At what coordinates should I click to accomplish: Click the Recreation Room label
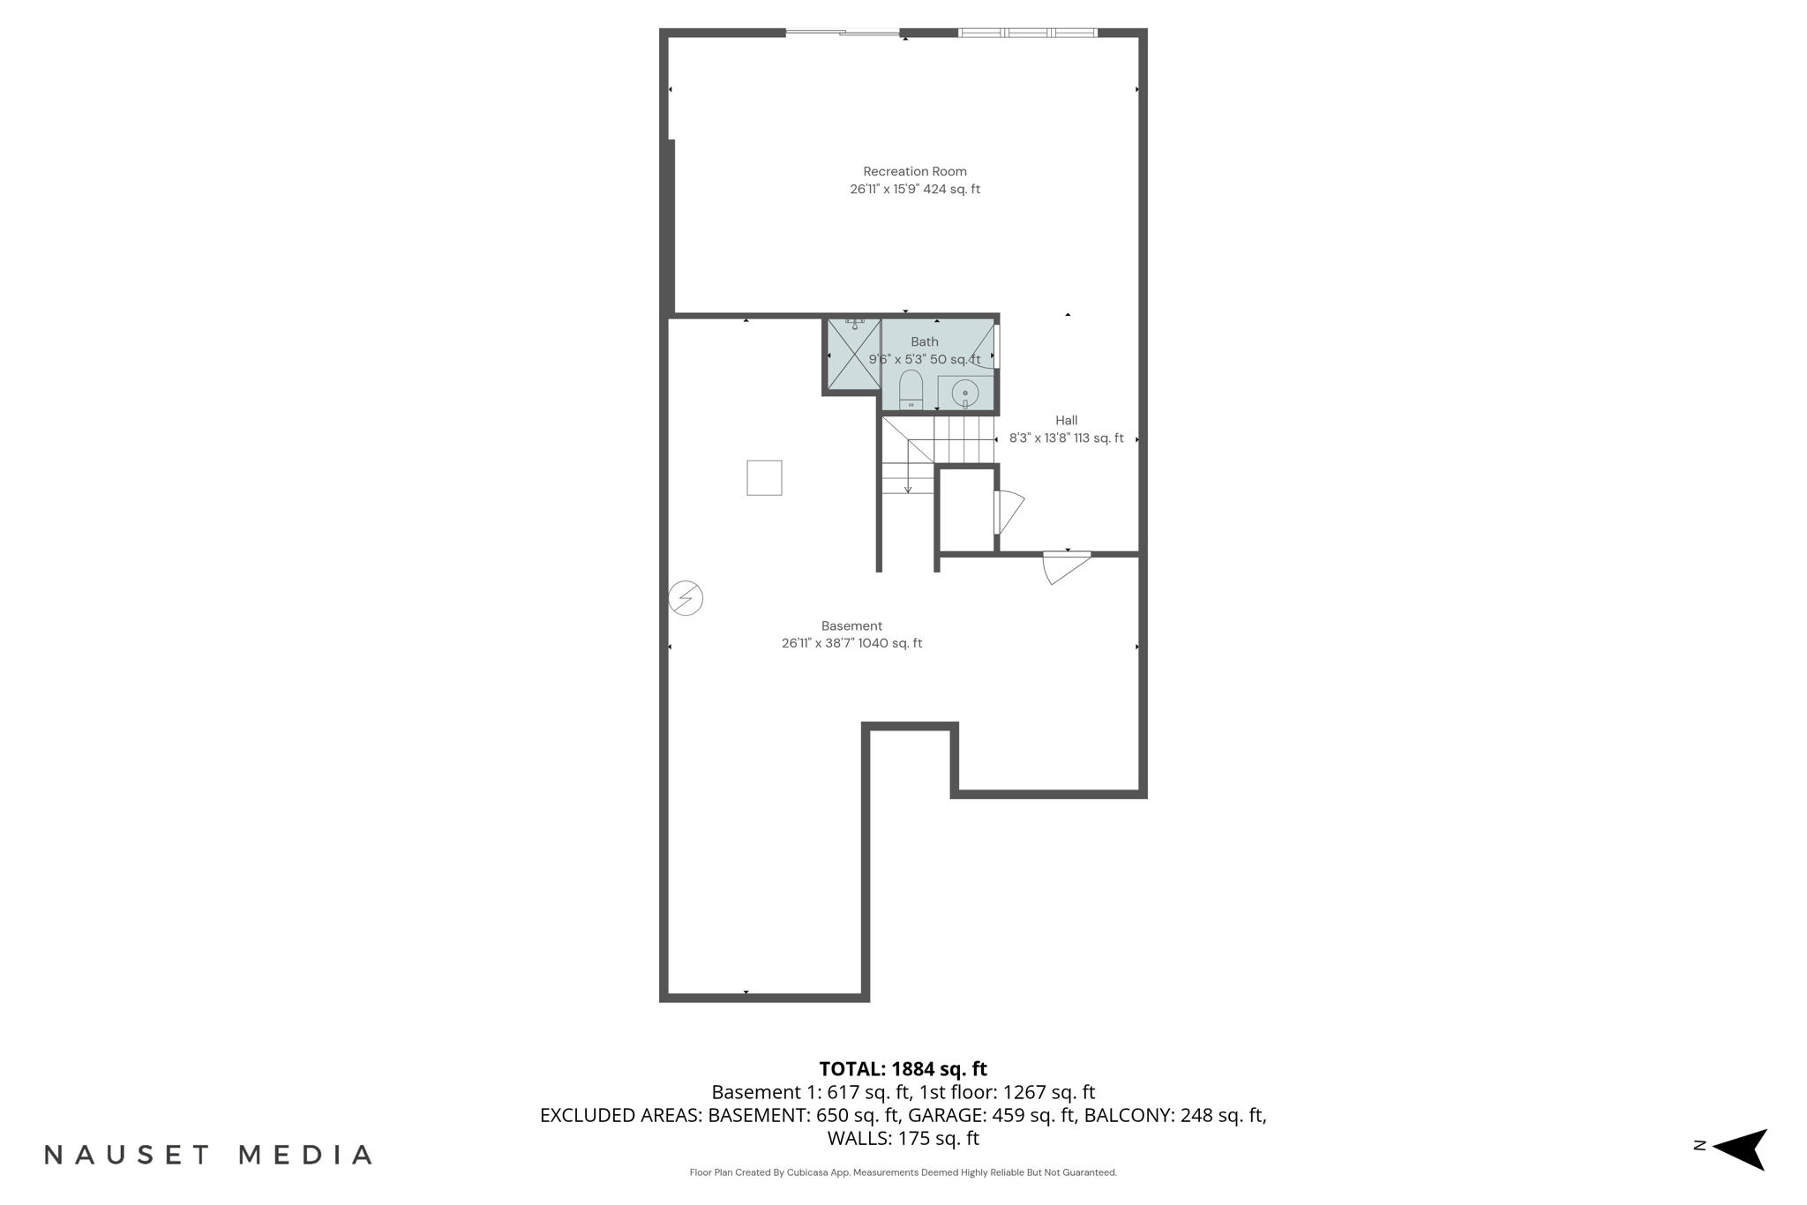[x=914, y=172]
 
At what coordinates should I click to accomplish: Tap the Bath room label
[x=924, y=342]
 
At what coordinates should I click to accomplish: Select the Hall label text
[x=1066, y=421]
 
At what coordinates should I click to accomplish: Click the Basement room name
[x=851, y=626]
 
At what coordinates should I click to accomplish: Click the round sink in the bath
[x=964, y=393]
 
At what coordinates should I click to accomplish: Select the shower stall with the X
[x=853, y=355]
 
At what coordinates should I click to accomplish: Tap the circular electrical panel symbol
[x=686, y=598]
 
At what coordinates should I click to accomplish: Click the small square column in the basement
[x=764, y=477]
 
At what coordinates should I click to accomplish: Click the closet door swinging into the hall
[x=1008, y=512]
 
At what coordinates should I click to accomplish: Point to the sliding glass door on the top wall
[x=842, y=33]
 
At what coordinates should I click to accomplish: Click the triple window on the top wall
[x=1027, y=33]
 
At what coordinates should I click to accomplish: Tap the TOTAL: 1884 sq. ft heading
[x=903, y=1069]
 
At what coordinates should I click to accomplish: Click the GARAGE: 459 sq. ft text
[x=992, y=1115]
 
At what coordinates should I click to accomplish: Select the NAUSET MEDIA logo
[x=208, y=1155]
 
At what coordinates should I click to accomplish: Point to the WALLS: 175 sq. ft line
[x=903, y=1138]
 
